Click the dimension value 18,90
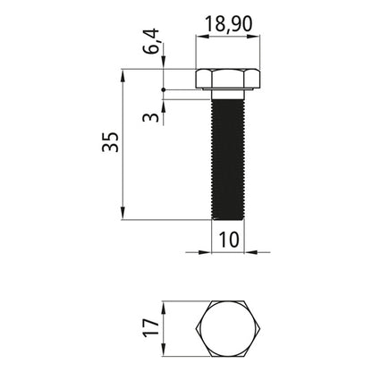228,25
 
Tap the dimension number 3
153,115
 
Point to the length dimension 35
109,144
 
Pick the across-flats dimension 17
153,326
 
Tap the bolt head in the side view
228,78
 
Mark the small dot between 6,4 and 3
164,90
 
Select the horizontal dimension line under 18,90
228,38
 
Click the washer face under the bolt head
228,93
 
